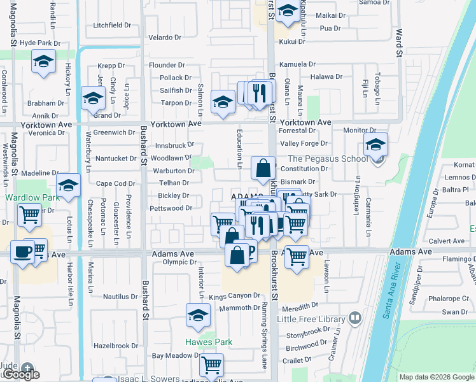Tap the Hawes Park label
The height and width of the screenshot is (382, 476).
[x=209, y=342]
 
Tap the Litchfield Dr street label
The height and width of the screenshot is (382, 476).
[x=111, y=26]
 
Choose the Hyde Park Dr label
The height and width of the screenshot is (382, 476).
[x=40, y=43]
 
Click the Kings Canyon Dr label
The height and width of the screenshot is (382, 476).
[x=235, y=296]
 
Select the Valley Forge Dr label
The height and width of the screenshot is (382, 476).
[x=304, y=144]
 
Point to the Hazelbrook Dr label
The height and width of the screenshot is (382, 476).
[x=115, y=346]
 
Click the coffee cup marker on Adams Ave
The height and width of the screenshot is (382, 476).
[x=23, y=251]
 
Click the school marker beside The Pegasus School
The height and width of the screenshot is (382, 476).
[x=375, y=145]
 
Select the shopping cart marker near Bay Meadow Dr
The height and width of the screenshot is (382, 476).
[x=211, y=365]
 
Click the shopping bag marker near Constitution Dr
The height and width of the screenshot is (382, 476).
[x=263, y=168]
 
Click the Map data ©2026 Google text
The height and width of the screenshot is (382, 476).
[x=436, y=377]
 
